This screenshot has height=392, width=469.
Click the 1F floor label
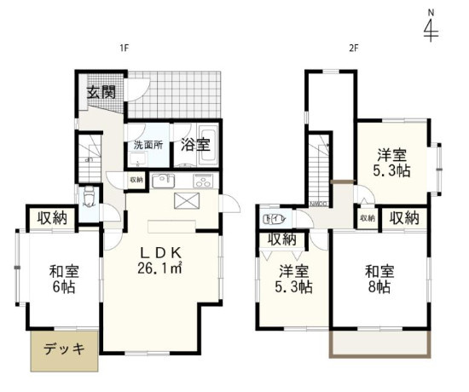click(124, 49)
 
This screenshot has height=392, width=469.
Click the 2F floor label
click(352, 49)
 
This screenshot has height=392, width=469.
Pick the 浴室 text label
click(194, 144)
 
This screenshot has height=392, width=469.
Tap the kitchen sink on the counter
click(163, 181)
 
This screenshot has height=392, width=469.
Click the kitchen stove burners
click(204, 181)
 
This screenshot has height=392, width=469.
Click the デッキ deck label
click(65, 349)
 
